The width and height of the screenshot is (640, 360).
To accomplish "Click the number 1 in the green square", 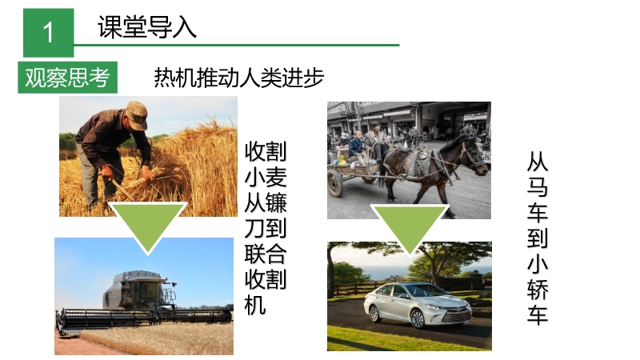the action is [48, 32].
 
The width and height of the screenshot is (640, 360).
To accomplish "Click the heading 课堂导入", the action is [147, 27].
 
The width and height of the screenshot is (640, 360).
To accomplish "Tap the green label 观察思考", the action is [68, 78].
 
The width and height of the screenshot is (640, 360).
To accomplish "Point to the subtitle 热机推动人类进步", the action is [238, 78].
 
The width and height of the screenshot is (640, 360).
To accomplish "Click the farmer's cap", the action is [138, 114].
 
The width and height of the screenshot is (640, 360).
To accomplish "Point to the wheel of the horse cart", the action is [335, 183].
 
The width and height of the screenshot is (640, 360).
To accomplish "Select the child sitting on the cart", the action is [357, 148].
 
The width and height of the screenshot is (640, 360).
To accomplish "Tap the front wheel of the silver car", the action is [418, 318].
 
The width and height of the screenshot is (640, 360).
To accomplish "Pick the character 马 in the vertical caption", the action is [538, 187].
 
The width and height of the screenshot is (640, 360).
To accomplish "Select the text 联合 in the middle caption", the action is [266, 254].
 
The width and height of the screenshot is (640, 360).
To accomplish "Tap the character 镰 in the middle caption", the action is [276, 203].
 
